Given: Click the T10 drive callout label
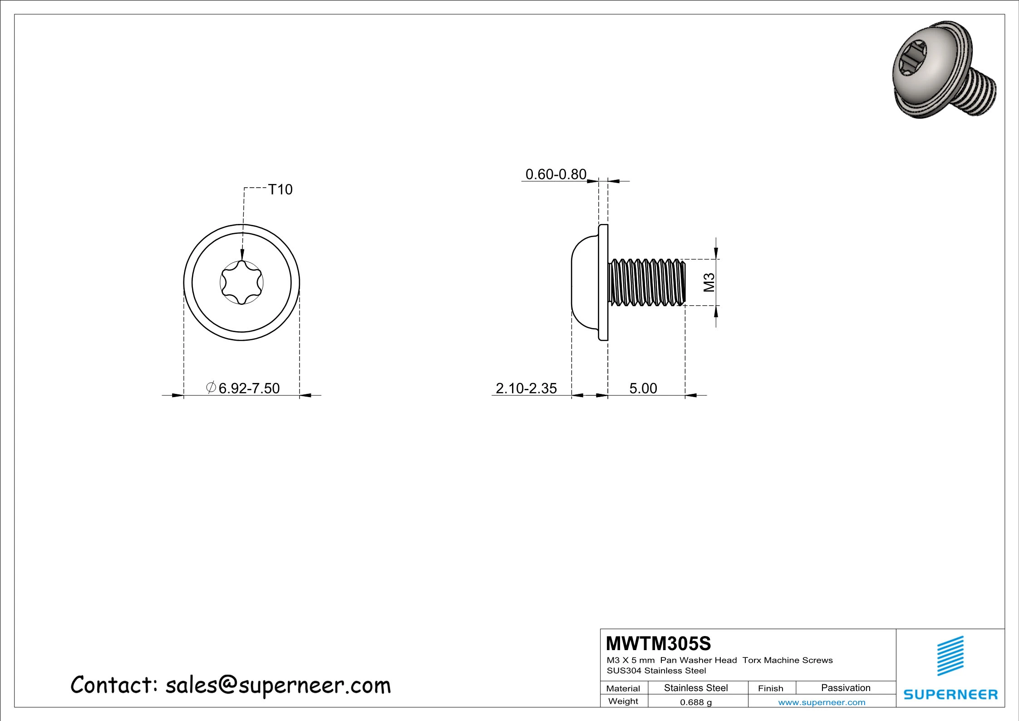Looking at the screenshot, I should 280,189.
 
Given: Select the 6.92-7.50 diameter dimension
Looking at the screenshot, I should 249,388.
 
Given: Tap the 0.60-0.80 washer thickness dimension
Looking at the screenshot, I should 556,174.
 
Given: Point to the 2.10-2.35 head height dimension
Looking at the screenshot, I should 526,388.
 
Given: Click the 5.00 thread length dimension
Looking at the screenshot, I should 643,388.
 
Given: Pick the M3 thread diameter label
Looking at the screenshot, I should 709,283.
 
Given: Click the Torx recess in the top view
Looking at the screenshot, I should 241,283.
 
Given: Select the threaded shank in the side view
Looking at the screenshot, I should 647,282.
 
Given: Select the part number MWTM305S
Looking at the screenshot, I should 658,643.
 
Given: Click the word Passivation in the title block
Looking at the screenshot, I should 846,688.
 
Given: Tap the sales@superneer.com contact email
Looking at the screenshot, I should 278,685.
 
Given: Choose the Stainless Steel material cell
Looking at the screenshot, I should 696,688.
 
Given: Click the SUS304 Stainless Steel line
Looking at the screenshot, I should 656,671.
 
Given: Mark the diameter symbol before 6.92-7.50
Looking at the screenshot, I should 211,388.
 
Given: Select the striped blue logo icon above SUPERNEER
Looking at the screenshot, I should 950,656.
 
